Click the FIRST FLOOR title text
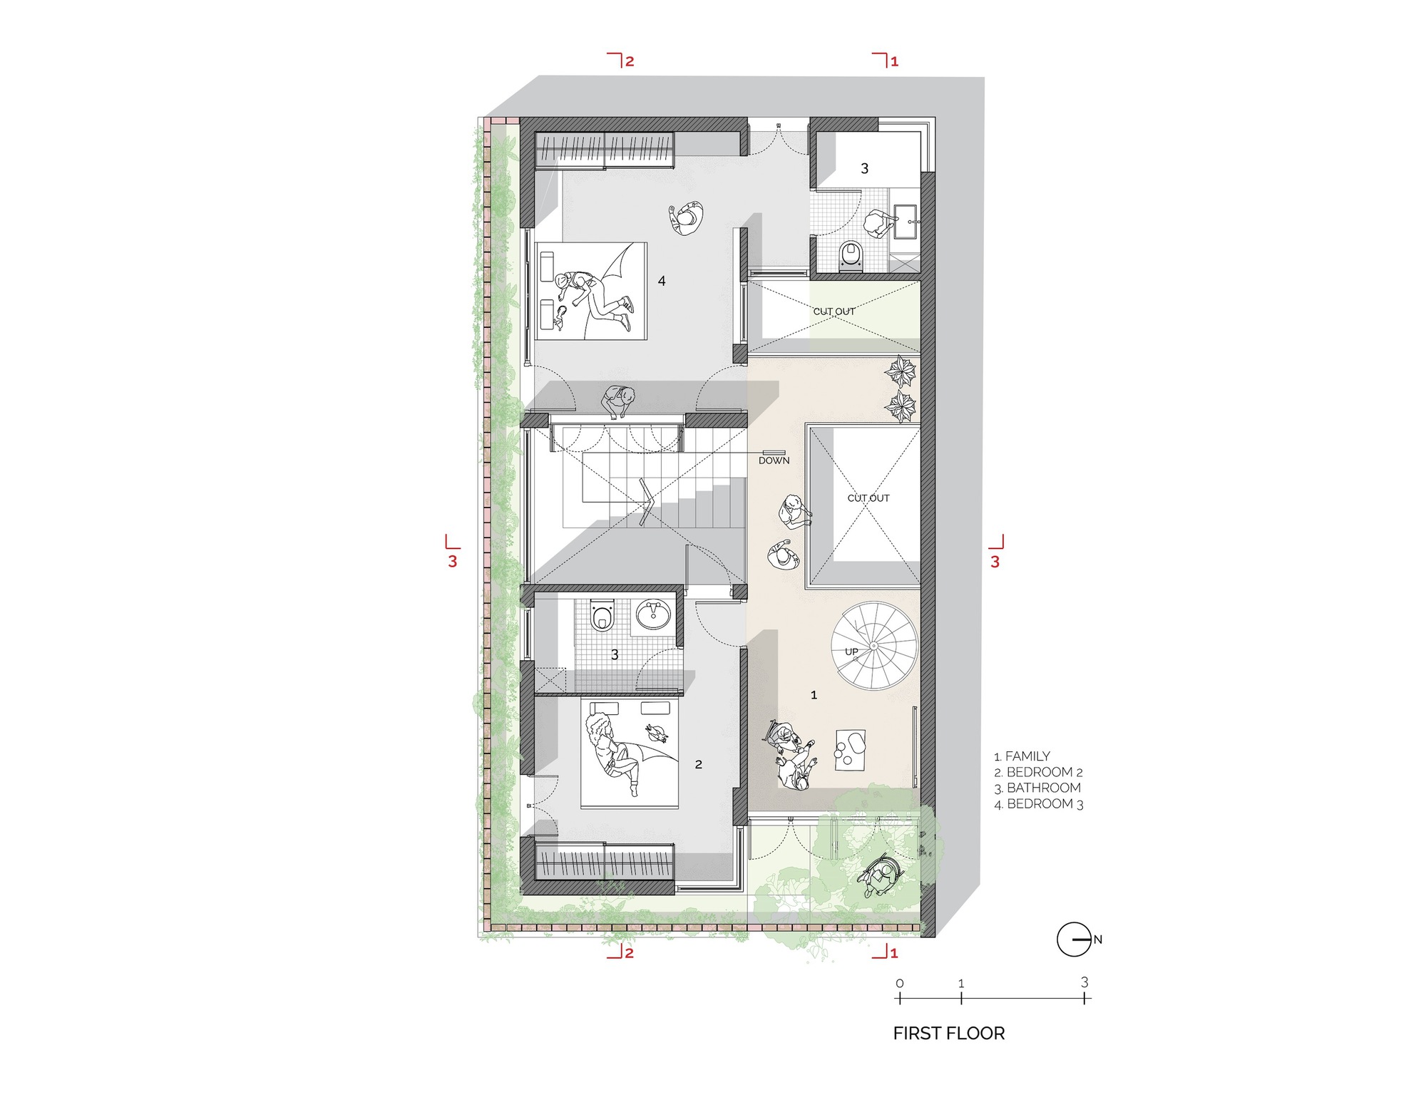click(x=948, y=1033)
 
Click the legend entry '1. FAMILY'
click(x=1022, y=756)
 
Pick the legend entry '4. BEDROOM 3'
click(x=1039, y=804)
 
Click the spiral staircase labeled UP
click(x=873, y=646)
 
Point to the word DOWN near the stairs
click(x=774, y=460)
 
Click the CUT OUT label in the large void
click(x=868, y=498)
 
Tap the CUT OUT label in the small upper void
click(x=833, y=311)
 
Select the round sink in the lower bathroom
click(x=652, y=614)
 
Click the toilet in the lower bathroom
click(x=602, y=616)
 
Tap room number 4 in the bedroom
click(x=662, y=281)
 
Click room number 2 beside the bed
click(x=698, y=764)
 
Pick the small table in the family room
click(x=850, y=750)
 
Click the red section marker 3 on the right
click(x=995, y=561)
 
